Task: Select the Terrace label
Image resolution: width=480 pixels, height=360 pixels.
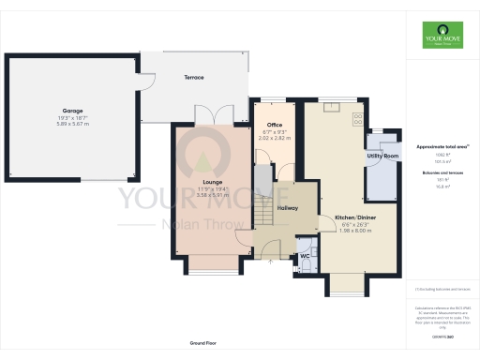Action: (x=193, y=77)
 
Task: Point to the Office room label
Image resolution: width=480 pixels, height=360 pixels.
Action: (x=275, y=125)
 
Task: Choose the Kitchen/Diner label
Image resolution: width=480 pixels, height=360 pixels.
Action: (x=355, y=217)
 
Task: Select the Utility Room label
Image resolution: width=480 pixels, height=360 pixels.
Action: (x=384, y=156)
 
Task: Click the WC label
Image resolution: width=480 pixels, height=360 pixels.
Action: (x=305, y=254)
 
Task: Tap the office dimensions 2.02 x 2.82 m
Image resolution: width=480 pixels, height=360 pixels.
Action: (x=275, y=138)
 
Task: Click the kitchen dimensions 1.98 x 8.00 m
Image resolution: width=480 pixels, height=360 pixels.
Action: (x=355, y=231)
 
